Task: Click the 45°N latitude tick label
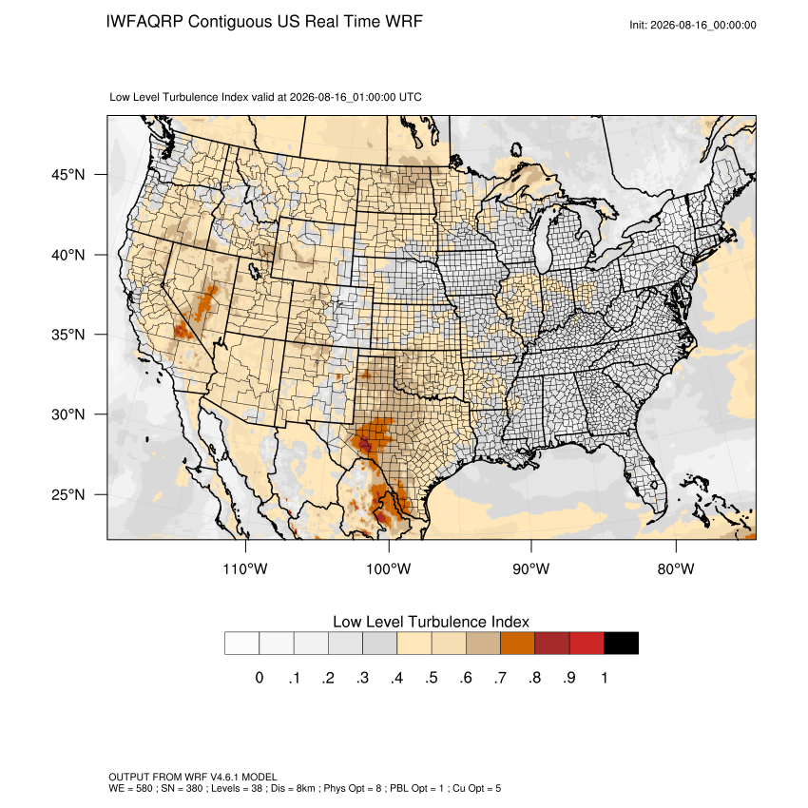68,175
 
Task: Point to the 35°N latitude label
68,335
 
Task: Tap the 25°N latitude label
68,495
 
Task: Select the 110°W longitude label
245,569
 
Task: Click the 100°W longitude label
389,569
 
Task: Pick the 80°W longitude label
676,569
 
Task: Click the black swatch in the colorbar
621,644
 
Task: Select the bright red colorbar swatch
587,644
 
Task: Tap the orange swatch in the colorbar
517,644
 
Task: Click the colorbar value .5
432,678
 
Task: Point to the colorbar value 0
260,678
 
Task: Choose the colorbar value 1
605,678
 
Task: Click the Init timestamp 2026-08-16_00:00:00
703,26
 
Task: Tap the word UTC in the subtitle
411,97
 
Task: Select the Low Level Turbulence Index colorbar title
431,622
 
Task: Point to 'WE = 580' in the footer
130,788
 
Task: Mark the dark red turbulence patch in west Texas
365,444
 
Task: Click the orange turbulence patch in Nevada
205,302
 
